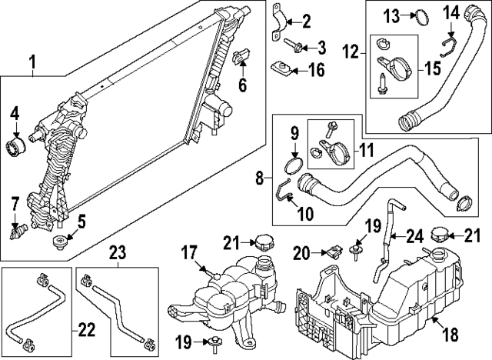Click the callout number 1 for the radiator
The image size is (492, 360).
tap(32, 60)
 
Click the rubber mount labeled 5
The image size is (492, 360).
tap(59, 245)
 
